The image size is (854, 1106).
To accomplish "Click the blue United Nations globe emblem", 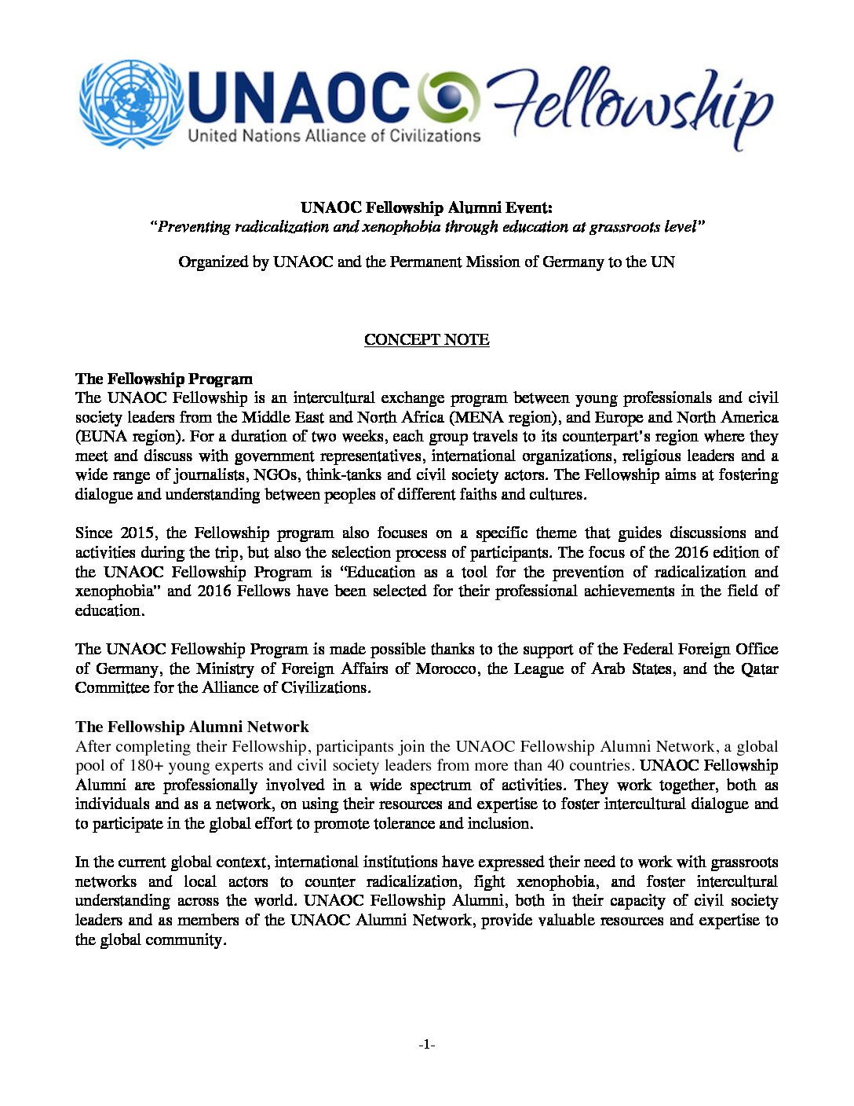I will tap(131, 104).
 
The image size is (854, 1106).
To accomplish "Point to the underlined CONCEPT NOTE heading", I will tap(426, 340).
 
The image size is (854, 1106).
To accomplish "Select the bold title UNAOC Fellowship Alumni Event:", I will tap(426, 208).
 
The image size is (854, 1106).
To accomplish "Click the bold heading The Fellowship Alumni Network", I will tap(192, 727).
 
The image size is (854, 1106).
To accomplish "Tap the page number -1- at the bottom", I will tap(426, 1045).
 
